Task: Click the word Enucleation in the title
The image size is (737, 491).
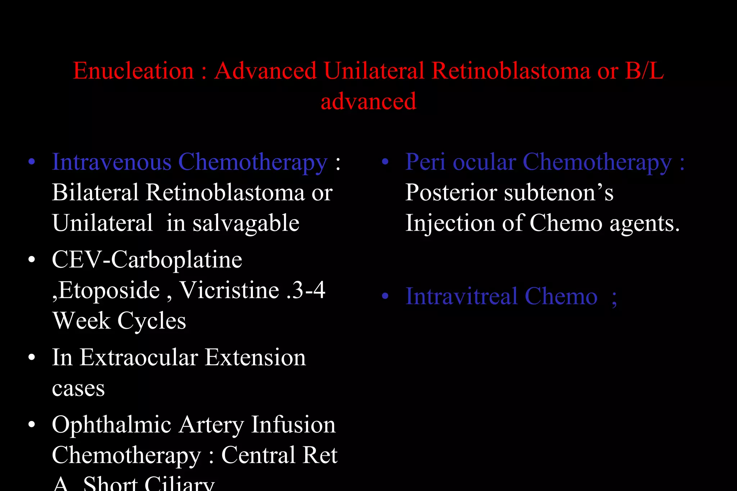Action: [x=134, y=70]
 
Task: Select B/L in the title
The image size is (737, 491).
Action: [x=644, y=70]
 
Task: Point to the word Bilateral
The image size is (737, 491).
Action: [x=95, y=192]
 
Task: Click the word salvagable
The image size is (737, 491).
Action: [x=246, y=223]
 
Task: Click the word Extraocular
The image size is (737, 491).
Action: [x=139, y=357]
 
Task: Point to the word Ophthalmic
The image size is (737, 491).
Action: [x=111, y=425]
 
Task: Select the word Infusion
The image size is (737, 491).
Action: [x=293, y=425]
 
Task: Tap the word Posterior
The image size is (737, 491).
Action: [x=451, y=192]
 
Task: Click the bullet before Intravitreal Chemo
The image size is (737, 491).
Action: [x=385, y=296]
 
